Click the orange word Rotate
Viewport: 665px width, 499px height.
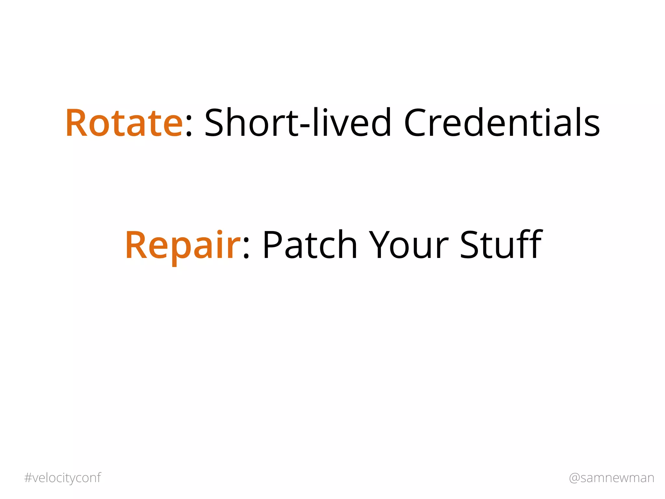(124, 123)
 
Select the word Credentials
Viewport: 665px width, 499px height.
(502, 123)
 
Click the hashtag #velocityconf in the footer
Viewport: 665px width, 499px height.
(63, 478)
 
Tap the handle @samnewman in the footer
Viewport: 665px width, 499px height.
(611, 478)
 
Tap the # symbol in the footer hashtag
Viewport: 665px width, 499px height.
(28, 478)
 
